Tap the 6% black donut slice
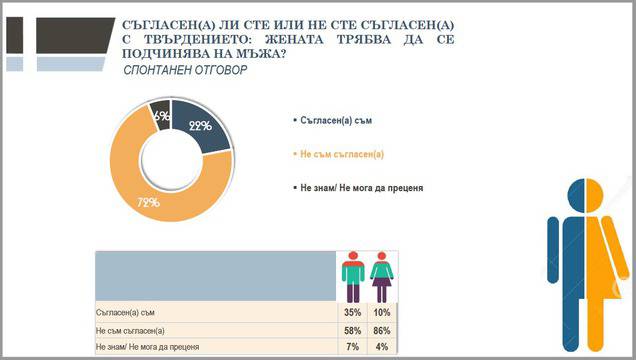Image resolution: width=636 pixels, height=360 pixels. point(160,115)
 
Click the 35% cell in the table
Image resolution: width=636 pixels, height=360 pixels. point(351,313)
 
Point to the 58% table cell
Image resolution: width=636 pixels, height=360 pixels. point(351,329)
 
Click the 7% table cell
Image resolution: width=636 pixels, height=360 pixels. point(351,345)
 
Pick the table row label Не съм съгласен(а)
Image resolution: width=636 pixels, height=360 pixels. point(129,329)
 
